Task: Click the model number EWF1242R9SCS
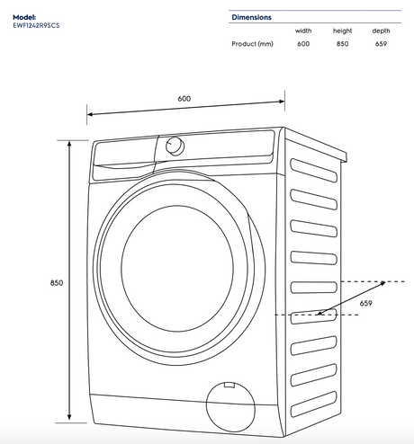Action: coord(36,25)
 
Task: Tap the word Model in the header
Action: coord(24,17)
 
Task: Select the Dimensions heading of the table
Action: coord(251,17)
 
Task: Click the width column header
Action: coord(303,31)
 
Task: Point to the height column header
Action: coord(342,31)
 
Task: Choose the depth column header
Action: coord(381,31)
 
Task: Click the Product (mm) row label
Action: coord(252,44)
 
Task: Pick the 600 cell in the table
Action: coord(303,44)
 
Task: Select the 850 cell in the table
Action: coord(342,44)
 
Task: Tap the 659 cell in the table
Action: coord(381,44)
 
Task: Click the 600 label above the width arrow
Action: coord(184,99)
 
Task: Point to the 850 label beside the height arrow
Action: coord(57,283)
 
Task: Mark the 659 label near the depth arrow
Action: coord(366,303)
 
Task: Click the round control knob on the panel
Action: coord(175,147)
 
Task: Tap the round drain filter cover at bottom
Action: coord(230,407)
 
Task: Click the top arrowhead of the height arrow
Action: coord(69,144)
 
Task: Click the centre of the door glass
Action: coord(177,269)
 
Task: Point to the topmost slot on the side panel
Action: coord(313,170)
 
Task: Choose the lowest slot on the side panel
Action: coord(313,404)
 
